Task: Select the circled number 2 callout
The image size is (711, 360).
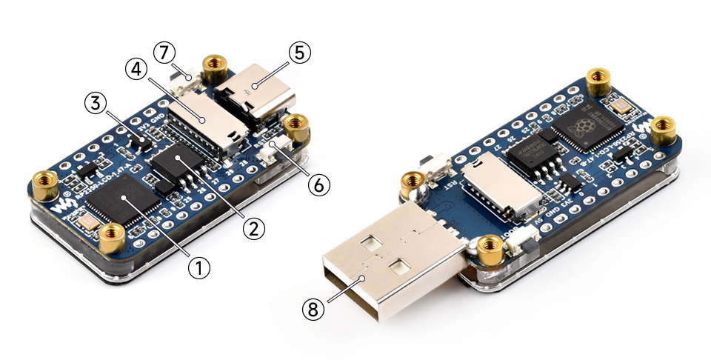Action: click(x=253, y=228)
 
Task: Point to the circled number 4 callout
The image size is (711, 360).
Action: click(x=135, y=70)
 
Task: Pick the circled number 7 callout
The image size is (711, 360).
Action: click(x=164, y=53)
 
